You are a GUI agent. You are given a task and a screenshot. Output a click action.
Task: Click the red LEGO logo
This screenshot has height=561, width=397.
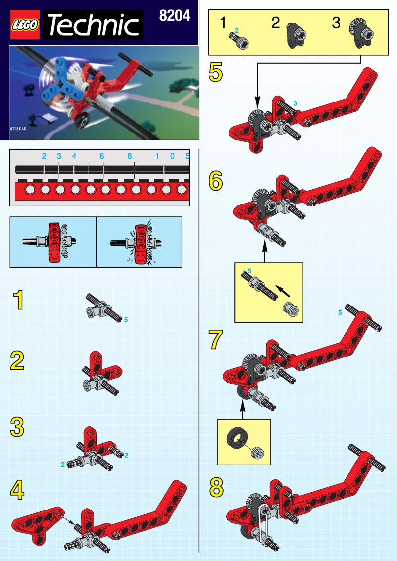tap(26, 26)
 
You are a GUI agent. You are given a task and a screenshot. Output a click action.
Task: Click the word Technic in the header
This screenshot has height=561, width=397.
tap(93, 26)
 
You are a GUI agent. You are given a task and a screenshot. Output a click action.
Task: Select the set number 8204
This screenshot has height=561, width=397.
tap(174, 16)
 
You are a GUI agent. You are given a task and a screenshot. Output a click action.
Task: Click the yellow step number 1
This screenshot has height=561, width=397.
tap(18, 301)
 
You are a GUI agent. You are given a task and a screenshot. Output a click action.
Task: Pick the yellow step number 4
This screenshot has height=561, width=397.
tap(18, 490)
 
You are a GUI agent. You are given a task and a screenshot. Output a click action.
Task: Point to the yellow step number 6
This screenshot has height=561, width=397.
tap(216, 181)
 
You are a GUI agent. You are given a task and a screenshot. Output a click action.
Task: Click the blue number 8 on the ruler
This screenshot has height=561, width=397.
tap(129, 156)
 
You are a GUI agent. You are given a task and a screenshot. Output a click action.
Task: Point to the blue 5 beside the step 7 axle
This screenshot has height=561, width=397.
tap(340, 313)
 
